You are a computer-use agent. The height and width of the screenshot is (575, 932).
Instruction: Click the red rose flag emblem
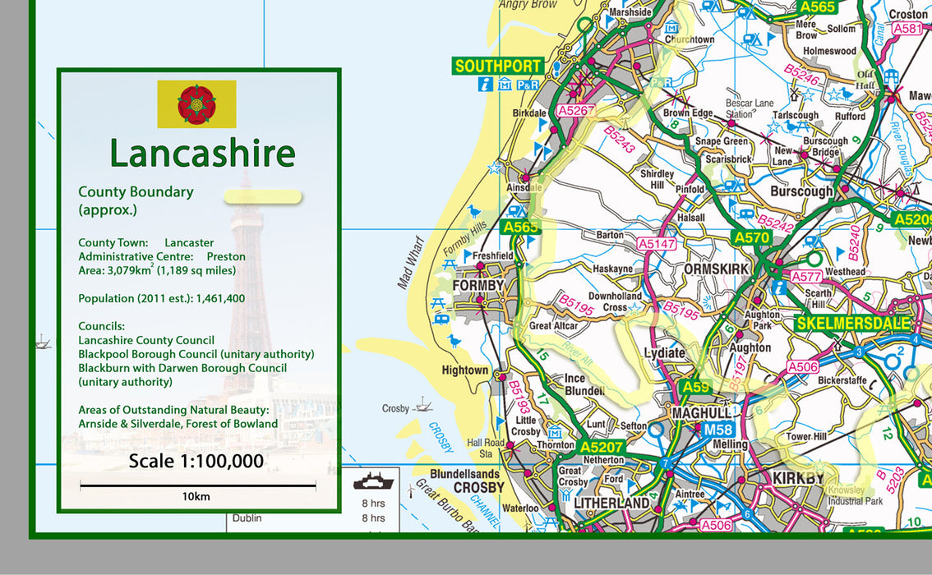pyautogui.click(x=196, y=103)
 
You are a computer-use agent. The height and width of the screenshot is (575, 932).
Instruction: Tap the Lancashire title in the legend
pyautogui.click(x=202, y=154)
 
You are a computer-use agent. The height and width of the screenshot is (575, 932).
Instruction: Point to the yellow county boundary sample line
pyautogui.click(x=263, y=196)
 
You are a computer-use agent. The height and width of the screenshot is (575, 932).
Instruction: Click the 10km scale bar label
pyautogui.click(x=196, y=496)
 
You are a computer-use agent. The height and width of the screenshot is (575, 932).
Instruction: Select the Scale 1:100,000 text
pyautogui.click(x=196, y=461)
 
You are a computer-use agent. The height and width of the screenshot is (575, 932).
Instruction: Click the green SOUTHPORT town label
pyautogui.click(x=498, y=66)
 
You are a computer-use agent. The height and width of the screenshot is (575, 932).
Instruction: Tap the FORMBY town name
pyautogui.click(x=478, y=285)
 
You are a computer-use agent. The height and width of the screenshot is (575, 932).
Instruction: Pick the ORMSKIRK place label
pyautogui.click(x=717, y=269)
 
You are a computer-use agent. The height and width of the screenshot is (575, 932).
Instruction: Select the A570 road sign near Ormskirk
pyautogui.click(x=751, y=237)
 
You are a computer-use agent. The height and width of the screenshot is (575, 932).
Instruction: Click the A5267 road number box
pyautogui.click(x=575, y=110)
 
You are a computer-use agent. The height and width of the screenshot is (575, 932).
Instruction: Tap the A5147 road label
pyautogui.click(x=657, y=244)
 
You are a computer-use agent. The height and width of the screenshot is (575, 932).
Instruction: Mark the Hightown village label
pyautogui.click(x=465, y=370)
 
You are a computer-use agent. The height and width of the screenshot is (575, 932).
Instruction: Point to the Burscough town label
pyautogui.click(x=801, y=191)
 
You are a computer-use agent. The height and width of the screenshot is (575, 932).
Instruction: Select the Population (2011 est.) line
pyautogui.click(x=161, y=298)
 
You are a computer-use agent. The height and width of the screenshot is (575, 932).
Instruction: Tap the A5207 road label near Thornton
pyautogui.click(x=602, y=447)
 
